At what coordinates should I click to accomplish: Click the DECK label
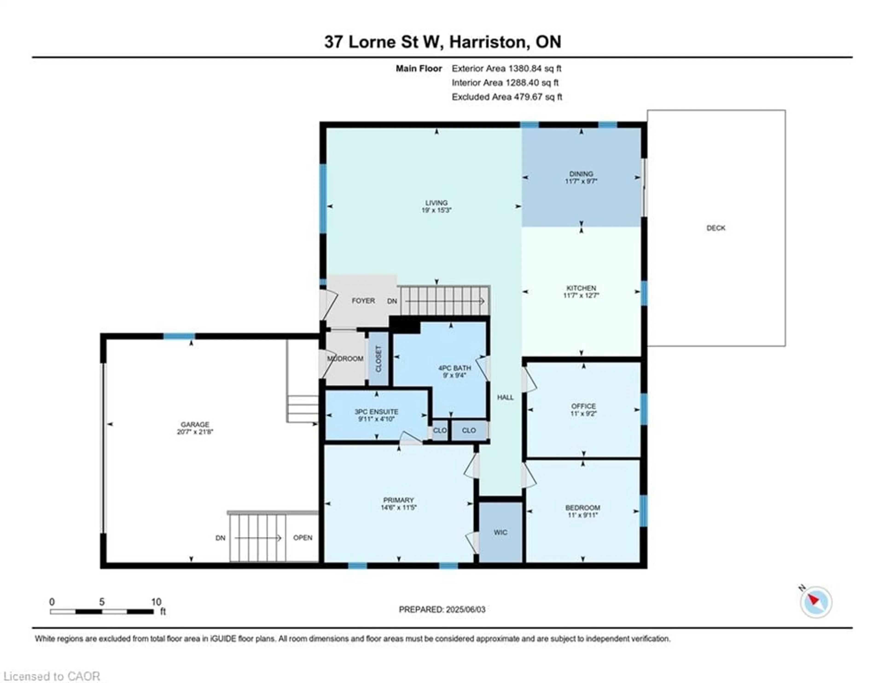point(716,228)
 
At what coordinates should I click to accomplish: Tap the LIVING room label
point(436,203)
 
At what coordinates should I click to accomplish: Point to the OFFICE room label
point(583,406)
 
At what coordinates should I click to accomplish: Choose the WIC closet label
point(500,532)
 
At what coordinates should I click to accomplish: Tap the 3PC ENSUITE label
point(376,412)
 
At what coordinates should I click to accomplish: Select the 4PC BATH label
point(455,368)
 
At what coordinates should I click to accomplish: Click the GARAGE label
point(195,424)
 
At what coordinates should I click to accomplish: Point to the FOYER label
point(363,300)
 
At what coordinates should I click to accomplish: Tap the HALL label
point(505,397)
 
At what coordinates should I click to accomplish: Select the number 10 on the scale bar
point(156,602)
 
